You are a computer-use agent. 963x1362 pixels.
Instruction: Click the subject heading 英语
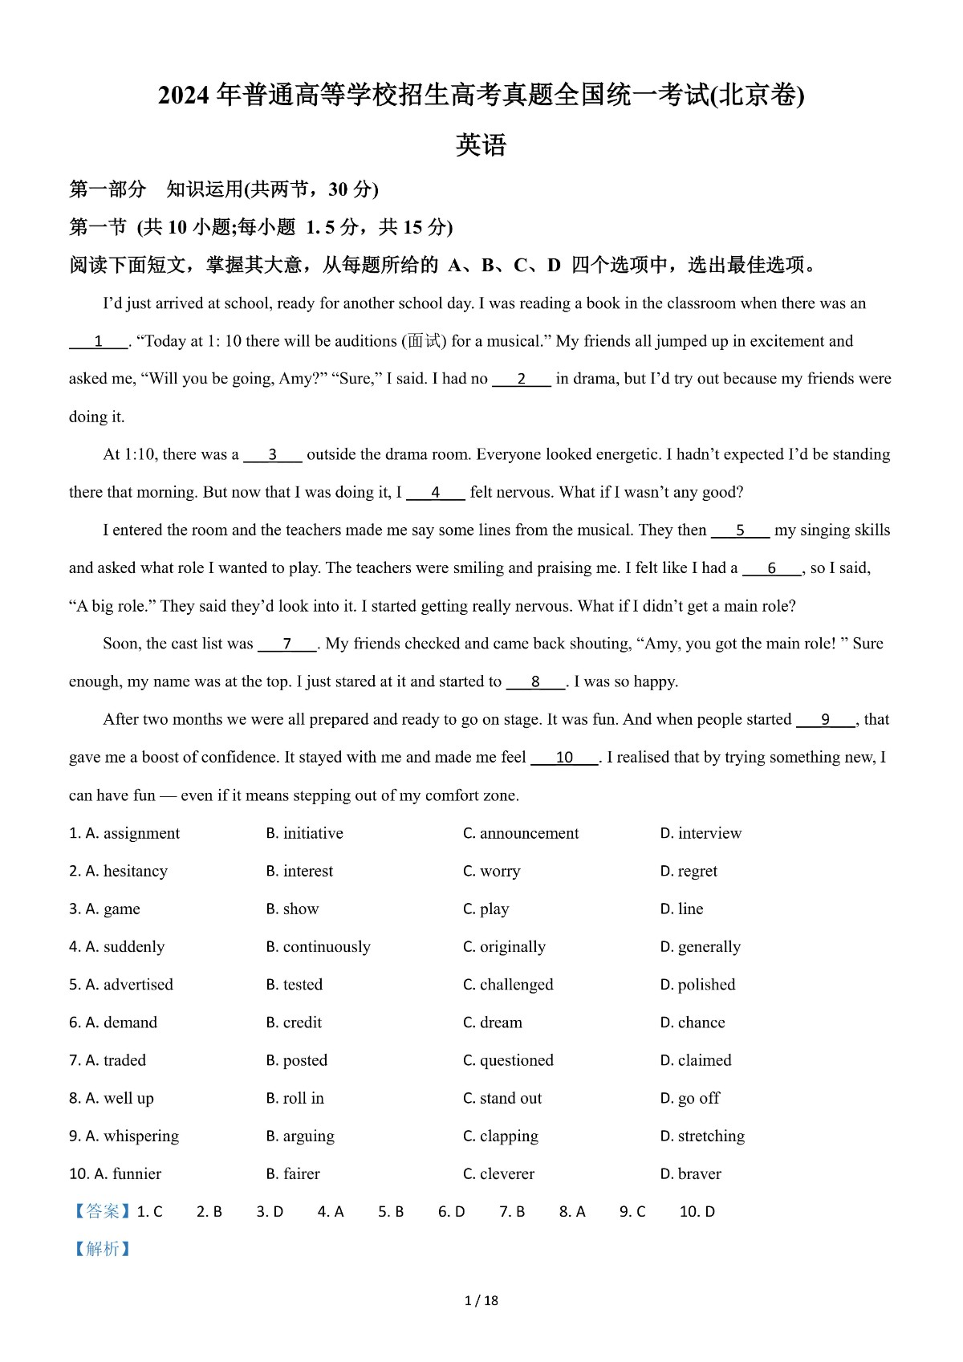pos(481,145)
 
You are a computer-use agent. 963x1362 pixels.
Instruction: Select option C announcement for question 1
pos(520,833)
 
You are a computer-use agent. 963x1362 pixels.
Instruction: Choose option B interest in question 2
pos(299,871)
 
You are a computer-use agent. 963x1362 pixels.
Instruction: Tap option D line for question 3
pos(681,909)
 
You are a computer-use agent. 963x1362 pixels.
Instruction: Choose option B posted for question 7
pos(296,1059)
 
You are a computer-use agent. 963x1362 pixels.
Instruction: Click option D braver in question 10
pos(690,1173)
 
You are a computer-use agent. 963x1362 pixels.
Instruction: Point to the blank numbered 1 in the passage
pos(98,342)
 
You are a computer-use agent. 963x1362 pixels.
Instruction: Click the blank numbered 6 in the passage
pos(771,569)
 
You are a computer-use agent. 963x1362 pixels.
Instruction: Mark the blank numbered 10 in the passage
pos(564,758)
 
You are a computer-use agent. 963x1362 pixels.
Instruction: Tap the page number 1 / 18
pos(481,1300)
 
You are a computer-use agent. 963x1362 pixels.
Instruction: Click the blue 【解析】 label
pos(102,1249)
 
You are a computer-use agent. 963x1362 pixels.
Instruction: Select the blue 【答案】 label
pos(102,1211)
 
